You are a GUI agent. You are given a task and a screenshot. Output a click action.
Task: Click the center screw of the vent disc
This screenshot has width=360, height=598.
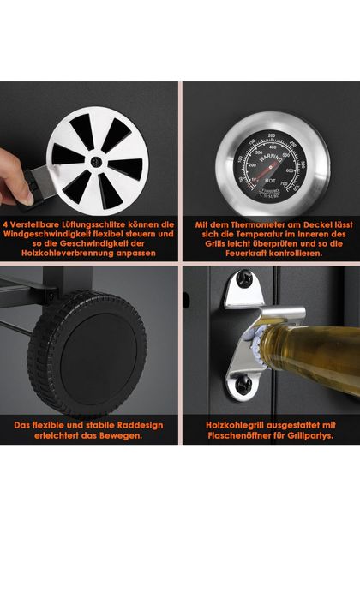97,162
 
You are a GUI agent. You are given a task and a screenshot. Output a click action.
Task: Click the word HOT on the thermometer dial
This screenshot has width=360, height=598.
270,181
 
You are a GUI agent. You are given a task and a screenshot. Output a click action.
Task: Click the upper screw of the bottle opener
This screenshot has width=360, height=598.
243,278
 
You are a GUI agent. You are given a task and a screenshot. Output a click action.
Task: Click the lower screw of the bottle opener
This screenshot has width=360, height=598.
243,385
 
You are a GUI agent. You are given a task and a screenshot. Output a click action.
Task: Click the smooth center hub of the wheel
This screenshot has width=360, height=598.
98,355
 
